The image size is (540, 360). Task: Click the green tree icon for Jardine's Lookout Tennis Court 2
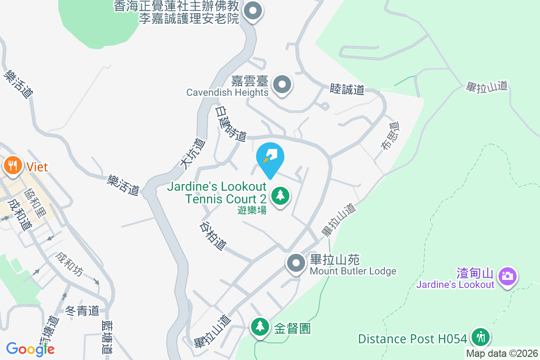pos(280,195)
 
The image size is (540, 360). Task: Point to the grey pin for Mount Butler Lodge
pos(296,263)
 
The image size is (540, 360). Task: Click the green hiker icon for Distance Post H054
pos(481,337)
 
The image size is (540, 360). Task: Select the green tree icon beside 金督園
pos(260,327)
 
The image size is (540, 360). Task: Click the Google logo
pos(30,349)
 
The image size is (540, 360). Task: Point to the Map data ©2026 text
pos(502,354)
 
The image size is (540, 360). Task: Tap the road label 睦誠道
pos(347,89)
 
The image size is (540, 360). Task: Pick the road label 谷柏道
pos(212,236)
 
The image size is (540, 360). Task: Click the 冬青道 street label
pos(82,310)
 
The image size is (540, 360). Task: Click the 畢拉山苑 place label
pos(335,260)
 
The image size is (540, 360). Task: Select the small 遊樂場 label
pos(252,210)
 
